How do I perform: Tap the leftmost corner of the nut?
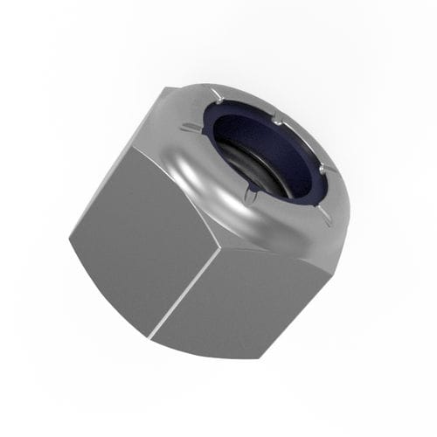69,236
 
